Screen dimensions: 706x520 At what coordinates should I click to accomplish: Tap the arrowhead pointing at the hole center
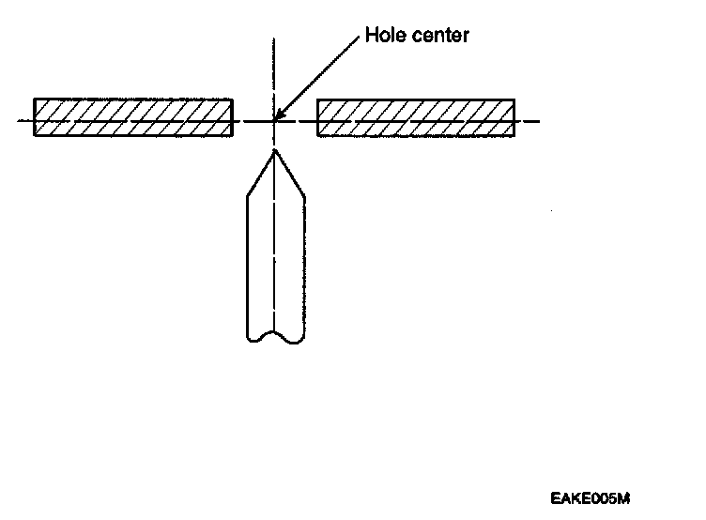pyautogui.click(x=281, y=114)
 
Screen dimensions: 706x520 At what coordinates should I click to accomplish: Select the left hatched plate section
pyautogui.click(x=133, y=117)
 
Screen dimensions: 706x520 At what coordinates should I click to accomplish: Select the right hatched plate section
pyautogui.click(x=416, y=117)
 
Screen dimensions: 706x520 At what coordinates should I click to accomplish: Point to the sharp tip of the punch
pyautogui.click(x=274, y=149)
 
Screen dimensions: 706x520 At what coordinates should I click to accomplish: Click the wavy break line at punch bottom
pyautogui.click(x=274, y=336)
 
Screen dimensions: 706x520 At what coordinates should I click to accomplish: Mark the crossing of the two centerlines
pyautogui.click(x=274, y=121)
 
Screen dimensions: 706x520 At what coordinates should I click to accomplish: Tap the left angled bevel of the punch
pyautogui.click(x=260, y=173)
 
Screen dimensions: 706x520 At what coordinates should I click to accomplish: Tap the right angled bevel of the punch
pyautogui.click(x=289, y=173)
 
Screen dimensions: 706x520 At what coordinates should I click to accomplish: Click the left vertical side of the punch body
pyautogui.click(x=246, y=263)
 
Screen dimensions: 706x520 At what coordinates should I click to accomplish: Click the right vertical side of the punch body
pyautogui.click(x=304, y=263)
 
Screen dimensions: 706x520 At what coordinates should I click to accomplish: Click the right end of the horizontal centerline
pyautogui.click(x=537, y=121)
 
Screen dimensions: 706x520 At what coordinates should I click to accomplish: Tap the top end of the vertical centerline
pyautogui.click(x=274, y=39)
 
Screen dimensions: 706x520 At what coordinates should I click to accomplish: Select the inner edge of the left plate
pyautogui.click(x=233, y=117)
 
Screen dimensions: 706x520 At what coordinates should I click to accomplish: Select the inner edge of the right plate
pyautogui.click(x=317, y=117)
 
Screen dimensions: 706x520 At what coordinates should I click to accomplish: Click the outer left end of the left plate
pyautogui.click(x=35, y=117)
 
